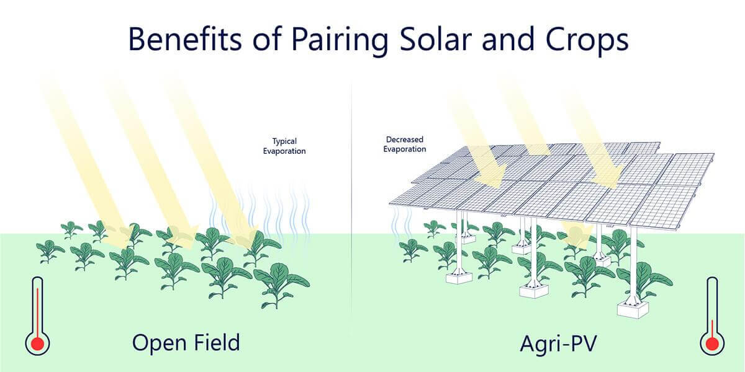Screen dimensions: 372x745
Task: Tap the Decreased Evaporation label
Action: tap(405, 144)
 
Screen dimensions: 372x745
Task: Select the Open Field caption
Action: tap(186, 342)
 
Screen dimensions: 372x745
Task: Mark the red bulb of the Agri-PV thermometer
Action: tap(711, 343)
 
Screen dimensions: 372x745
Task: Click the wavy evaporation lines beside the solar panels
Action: tap(402, 221)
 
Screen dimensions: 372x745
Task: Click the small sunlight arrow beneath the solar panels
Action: tap(577, 234)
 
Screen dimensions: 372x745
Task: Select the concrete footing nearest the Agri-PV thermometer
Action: tap(632, 308)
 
